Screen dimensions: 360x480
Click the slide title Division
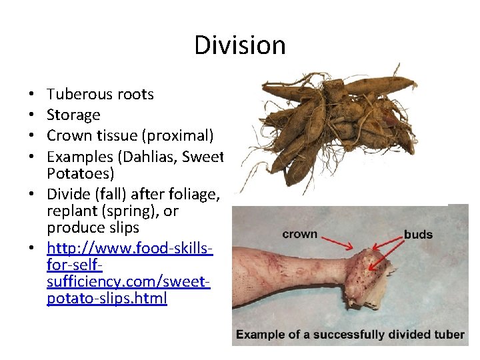pyautogui.click(x=240, y=45)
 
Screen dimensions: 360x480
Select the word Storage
pyautogui.click(x=73, y=115)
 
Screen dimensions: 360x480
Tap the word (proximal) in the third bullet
pyautogui.click(x=182, y=136)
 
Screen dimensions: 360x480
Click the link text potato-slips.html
pyautogui.click(x=107, y=298)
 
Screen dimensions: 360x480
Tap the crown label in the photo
pyautogui.click(x=299, y=234)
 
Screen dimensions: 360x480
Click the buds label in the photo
pyautogui.click(x=418, y=234)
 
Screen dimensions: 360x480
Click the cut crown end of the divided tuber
pyautogui.click(x=363, y=273)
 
